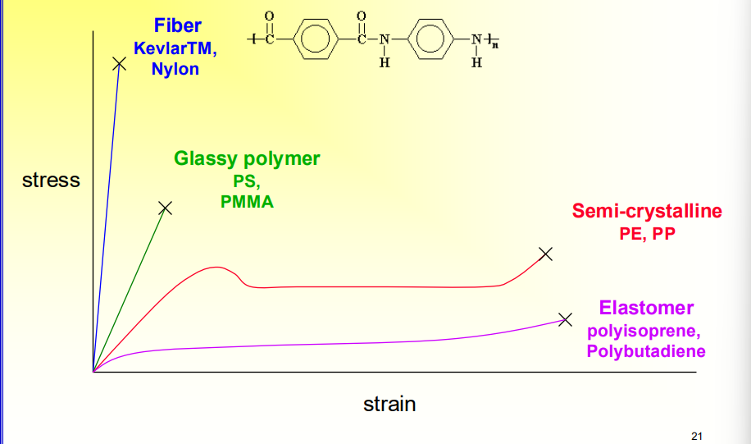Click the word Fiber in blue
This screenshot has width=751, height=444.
(x=178, y=26)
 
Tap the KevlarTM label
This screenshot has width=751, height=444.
(x=175, y=48)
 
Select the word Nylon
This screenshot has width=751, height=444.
(x=175, y=69)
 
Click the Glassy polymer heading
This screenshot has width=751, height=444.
(x=247, y=158)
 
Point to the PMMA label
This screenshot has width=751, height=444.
(x=247, y=201)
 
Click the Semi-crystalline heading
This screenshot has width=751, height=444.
(x=647, y=211)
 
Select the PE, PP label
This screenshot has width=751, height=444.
(x=647, y=233)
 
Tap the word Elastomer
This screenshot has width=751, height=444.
(x=646, y=308)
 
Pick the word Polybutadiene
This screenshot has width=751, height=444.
(x=646, y=351)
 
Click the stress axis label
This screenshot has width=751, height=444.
(x=51, y=180)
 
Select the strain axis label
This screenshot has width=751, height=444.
(x=389, y=404)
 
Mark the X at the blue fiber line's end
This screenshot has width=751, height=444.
(x=120, y=63)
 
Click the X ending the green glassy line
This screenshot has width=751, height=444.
(x=166, y=208)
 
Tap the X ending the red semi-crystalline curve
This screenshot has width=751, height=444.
(x=546, y=254)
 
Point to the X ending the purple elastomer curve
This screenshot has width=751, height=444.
(x=564, y=319)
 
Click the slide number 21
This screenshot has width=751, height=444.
(x=697, y=436)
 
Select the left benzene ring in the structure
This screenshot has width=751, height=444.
(x=315, y=39)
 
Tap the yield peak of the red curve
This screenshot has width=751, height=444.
(x=216, y=267)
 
